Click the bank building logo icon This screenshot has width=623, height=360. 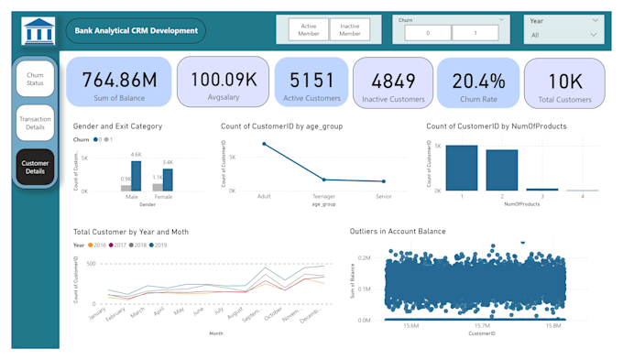click(x=38, y=30)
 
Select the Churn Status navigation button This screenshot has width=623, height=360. click(x=35, y=79)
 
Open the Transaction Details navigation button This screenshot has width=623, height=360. click(x=35, y=123)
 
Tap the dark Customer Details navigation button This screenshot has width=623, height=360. click(x=35, y=167)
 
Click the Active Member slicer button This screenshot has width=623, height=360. click(x=308, y=30)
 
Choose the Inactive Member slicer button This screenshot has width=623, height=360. click(x=349, y=30)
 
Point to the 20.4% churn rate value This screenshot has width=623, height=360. click(x=478, y=80)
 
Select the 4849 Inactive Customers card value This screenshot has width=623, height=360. click(x=393, y=80)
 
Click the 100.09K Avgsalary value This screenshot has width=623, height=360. click(x=223, y=79)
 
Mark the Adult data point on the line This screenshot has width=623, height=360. click(x=265, y=144)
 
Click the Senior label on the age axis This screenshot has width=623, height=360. click(x=383, y=197)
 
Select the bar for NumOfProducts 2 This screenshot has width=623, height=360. click(x=501, y=170)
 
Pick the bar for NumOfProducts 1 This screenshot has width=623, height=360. click(x=462, y=168)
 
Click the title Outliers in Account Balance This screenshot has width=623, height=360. click(x=398, y=232)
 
